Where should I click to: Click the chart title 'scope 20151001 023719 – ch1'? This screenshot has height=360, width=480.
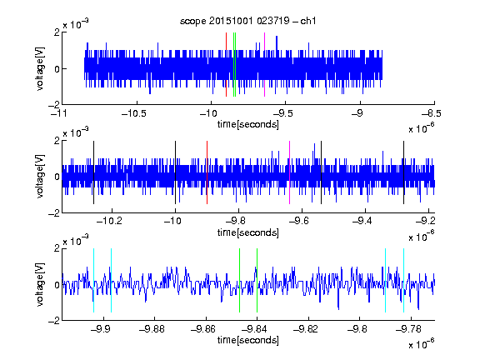[x=248, y=21]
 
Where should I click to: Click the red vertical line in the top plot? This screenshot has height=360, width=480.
[x=226, y=65]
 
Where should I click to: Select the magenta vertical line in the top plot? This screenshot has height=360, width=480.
[x=264, y=65]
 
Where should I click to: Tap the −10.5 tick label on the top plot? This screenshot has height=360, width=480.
[x=134, y=113]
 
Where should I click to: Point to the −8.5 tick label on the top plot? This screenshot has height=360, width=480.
[x=432, y=113]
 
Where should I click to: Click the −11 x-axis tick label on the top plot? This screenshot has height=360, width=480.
[x=59, y=113]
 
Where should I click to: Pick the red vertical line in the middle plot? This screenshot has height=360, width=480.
[x=207, y=172]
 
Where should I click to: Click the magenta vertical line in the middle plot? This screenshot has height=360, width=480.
[x=290, y=172]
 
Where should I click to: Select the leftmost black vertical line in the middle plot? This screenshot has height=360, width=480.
[x=93, y=172]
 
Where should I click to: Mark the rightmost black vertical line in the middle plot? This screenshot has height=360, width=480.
[x=403, y=172]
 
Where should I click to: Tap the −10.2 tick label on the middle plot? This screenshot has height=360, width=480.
[x=109, y=221]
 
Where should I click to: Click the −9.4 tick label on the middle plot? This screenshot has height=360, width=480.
[x=362, y=221]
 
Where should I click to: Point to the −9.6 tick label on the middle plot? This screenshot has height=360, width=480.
[x=299, y=221]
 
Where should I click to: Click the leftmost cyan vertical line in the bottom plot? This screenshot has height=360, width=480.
[x=93, y=280]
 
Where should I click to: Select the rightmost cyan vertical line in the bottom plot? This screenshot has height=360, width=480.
[x=404, y=280]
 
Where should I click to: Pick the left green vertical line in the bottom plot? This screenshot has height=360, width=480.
[x=239, y=280]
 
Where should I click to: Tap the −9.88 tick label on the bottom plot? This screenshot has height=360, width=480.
[x=152, y=329]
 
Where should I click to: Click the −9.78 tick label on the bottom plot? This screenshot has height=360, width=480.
[x=408, y=329]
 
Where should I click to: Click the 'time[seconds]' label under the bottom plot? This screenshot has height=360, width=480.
[x=248, y=340]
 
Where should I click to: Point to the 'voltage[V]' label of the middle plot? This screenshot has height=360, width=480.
[x=40, y=177]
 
